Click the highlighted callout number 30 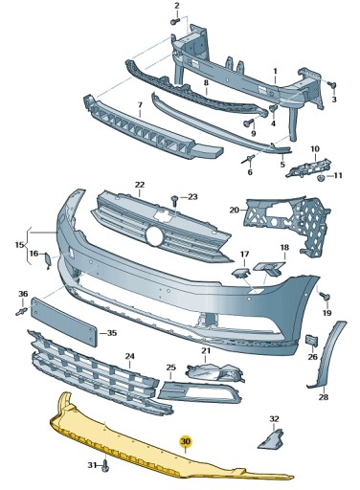(186, 441)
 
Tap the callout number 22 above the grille (139, 184)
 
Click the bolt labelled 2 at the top (177, 21)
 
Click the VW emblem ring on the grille (154, 234)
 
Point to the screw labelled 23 (174, 201)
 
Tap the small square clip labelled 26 (311, 340)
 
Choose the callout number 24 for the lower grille (130, 356)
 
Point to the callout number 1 (275, 70)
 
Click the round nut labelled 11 (323, 176)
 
